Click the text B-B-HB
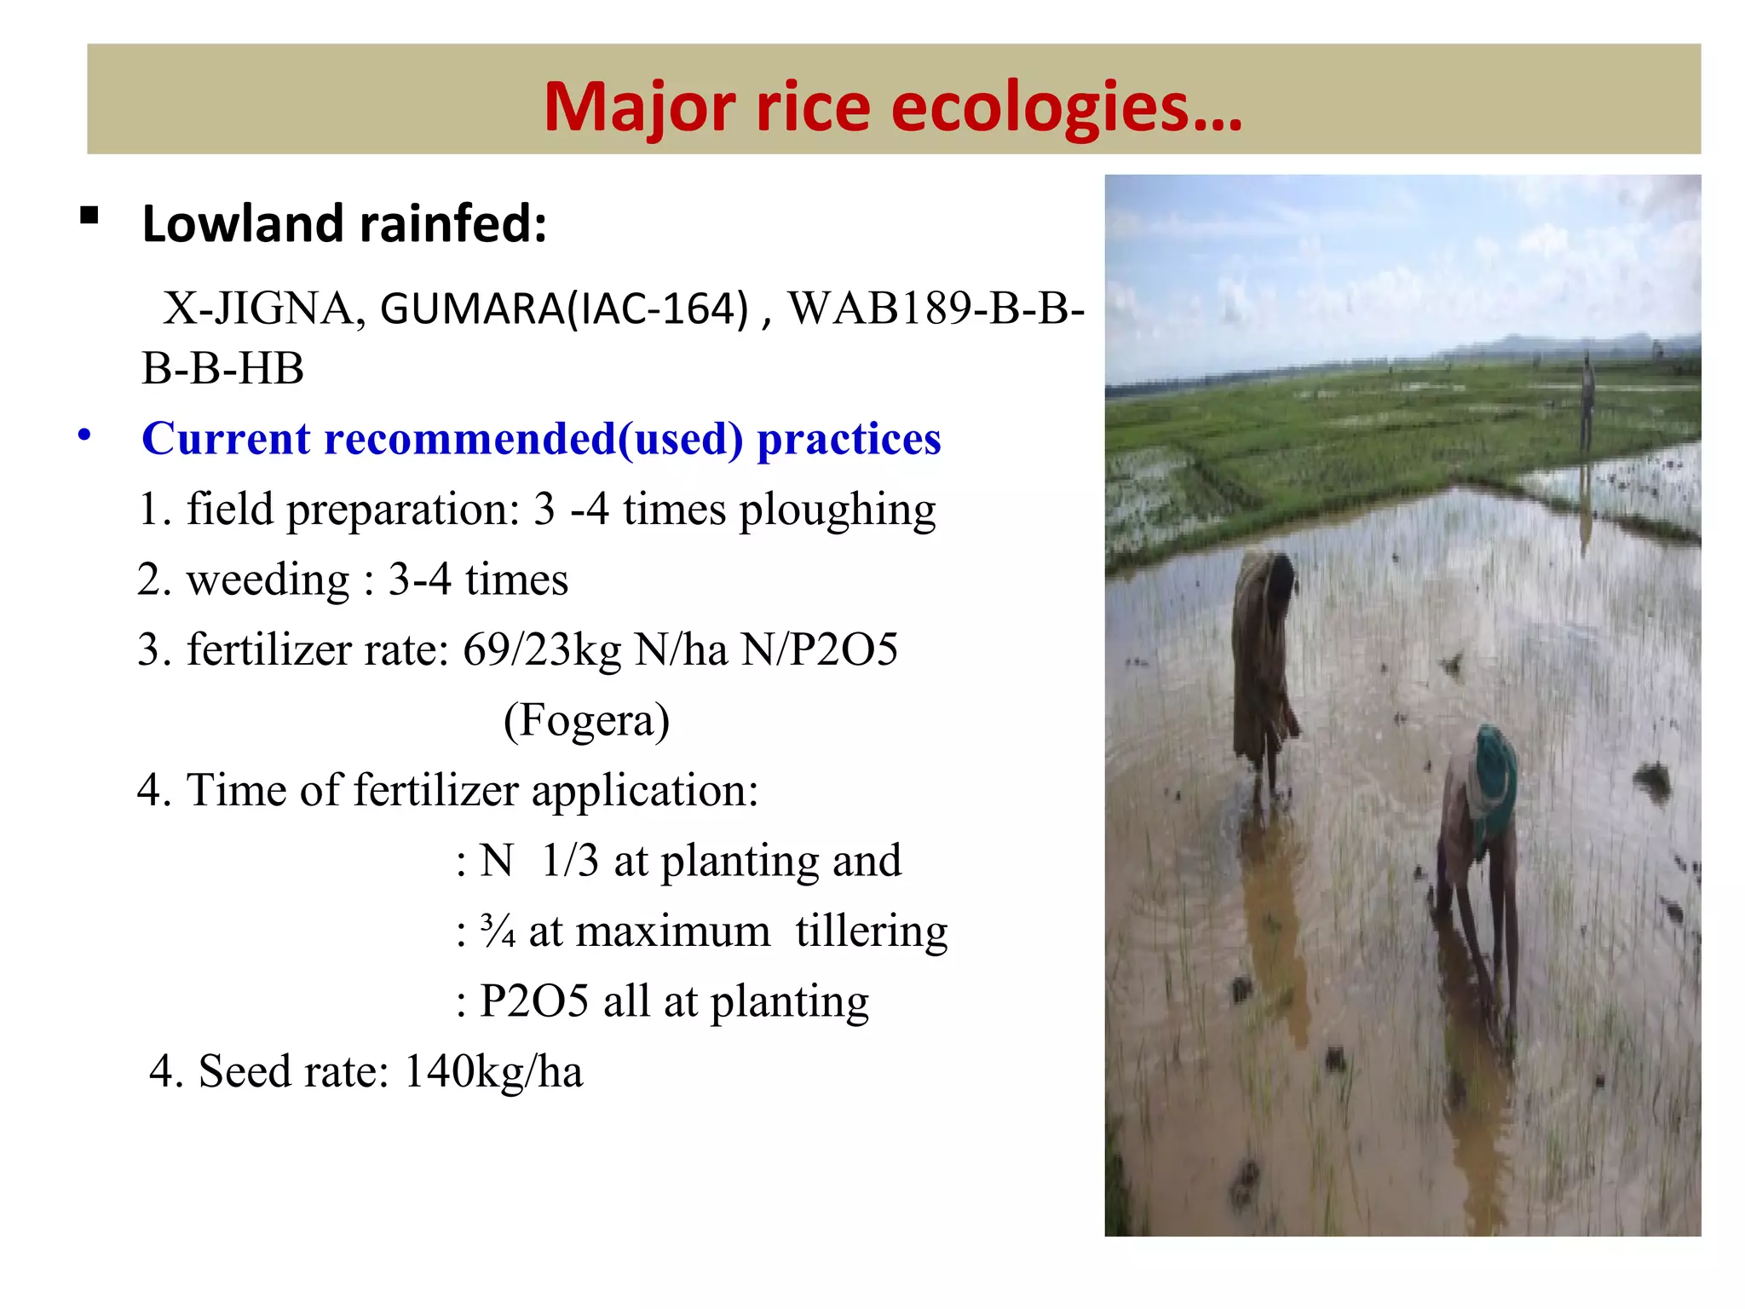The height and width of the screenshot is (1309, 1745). (222, 369)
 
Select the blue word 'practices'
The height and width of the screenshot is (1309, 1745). (849, 440)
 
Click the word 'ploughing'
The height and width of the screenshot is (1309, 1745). (837, 511)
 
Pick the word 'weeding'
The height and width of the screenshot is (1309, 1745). (268, 580)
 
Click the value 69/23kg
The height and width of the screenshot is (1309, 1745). (542, 650)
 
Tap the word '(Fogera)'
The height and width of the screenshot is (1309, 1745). (586, 721)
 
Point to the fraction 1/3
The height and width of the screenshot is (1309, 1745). (570, 861)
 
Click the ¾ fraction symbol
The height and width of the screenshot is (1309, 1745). (498, 931)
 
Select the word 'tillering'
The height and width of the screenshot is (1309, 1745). (871, 931)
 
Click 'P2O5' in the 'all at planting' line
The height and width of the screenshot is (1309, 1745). (533, 1001)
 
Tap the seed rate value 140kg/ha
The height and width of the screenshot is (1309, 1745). (493, 1072)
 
